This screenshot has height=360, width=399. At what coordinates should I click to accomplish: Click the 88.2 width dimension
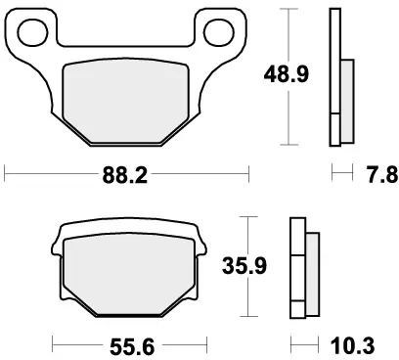(x=127, y=177)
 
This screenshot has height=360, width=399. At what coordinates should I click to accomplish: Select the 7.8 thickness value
(x=377, y=176)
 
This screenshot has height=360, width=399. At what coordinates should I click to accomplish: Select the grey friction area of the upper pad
(x=126, y=99)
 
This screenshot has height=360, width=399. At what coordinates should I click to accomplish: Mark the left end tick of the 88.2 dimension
(x=7, y=177)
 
